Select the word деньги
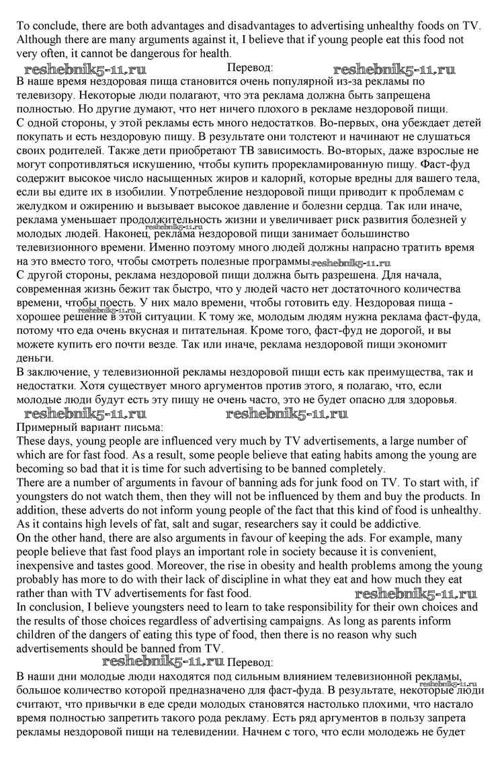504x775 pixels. (x=34, y=357)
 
